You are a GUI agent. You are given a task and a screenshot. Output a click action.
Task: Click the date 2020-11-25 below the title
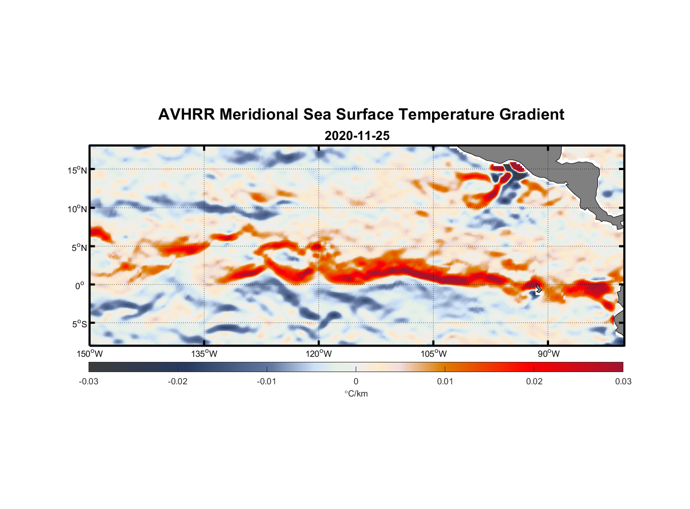pos(357,136)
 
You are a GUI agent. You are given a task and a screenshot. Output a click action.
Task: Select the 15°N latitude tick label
pos(77,170)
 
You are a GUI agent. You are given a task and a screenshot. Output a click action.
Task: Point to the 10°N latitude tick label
pos(77,209)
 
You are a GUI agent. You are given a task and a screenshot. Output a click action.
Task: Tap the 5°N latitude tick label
pos(79,247)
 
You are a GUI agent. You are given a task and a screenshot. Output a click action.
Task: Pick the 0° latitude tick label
pos(80,286)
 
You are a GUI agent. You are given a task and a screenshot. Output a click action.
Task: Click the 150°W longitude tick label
pos(90,354)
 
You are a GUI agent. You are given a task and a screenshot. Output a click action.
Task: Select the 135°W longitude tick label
pos(205,354)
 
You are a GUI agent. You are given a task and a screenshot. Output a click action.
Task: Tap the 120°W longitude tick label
pos(319,354)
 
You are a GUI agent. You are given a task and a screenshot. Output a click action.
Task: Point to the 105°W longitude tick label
pos(434,354)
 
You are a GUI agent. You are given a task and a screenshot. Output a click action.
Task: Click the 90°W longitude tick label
pos(549,354)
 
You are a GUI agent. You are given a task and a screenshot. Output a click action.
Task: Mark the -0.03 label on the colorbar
pos(89,381)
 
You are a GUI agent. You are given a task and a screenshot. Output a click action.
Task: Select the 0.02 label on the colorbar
pos(534,381)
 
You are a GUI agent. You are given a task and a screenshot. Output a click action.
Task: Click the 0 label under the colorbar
pos(356,381)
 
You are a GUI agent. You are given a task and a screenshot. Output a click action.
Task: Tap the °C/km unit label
pos(356,393)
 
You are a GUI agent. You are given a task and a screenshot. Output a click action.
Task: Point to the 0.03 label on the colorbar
pos(623,381)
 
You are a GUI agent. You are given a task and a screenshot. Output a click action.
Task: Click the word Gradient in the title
pos(532,115)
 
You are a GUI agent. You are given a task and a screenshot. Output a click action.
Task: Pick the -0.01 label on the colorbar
pos(267,381)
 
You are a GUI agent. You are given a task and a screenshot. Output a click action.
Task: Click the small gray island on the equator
pos(538,289)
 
